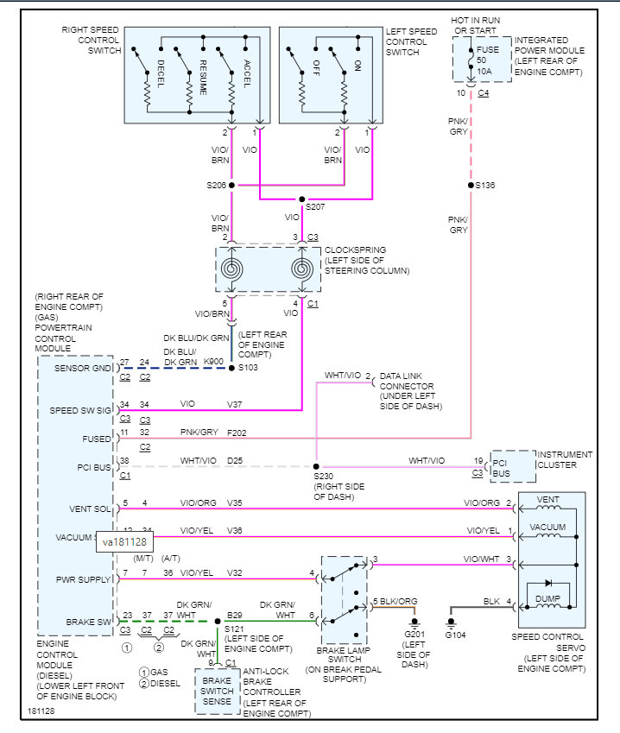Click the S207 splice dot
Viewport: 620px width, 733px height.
[301, 199]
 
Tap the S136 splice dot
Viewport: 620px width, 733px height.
[471, 185]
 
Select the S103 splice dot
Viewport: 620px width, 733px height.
[231, 368]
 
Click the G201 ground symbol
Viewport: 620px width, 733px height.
[414, 622]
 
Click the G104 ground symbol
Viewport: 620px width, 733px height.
[451, 622]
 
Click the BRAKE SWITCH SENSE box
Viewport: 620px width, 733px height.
[218, 691]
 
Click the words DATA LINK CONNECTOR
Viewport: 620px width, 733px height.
[406, 383]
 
